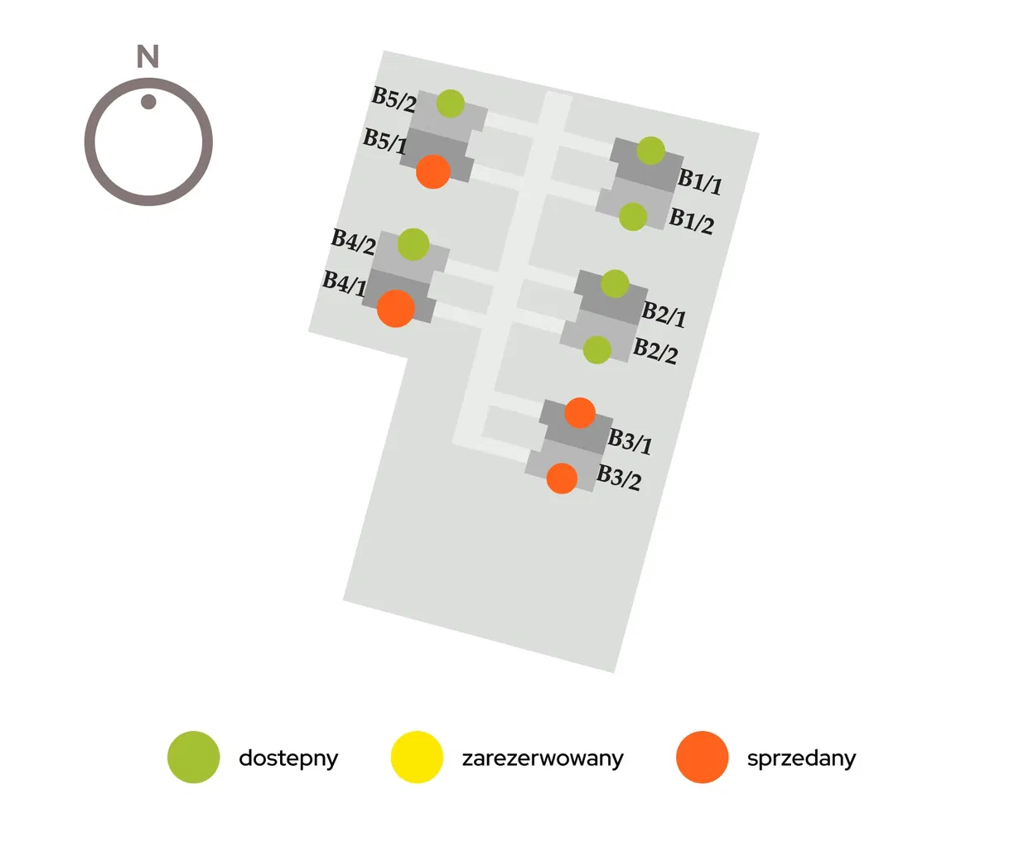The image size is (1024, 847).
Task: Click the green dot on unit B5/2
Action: (x=450, y=103)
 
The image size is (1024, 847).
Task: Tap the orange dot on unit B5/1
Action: (x=432, y=171)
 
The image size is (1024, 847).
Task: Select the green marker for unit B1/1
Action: (x=650, y=151)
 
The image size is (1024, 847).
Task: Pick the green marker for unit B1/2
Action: (x=632, y=217)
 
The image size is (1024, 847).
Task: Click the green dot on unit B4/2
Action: (x=413, y=244)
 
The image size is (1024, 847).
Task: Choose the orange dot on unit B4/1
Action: (x=395, y=308)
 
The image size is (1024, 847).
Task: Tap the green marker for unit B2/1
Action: (x=615, y=283)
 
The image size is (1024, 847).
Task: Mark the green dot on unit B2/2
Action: (x=597, y=349)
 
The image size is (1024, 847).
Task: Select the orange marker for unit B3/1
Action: (x=580, y=412)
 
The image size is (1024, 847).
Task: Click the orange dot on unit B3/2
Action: (x=562, y=478)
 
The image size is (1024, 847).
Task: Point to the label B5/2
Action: (x=394, y=99)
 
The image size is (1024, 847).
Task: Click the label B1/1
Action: (x=700, y=182)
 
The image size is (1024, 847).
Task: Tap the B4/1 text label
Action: (x=344, y=283)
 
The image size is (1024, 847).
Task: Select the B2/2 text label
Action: (x=655, y=351)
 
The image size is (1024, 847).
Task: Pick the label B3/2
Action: (x=619, y=478)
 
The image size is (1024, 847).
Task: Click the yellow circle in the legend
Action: (x=417, y=757)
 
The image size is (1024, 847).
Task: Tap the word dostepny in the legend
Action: (x=288, y=758)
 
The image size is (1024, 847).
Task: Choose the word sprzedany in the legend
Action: (x=801, y=758)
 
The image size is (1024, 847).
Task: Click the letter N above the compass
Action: (x=147, y=56)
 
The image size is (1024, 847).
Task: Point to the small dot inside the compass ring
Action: (x=148, y=102)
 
